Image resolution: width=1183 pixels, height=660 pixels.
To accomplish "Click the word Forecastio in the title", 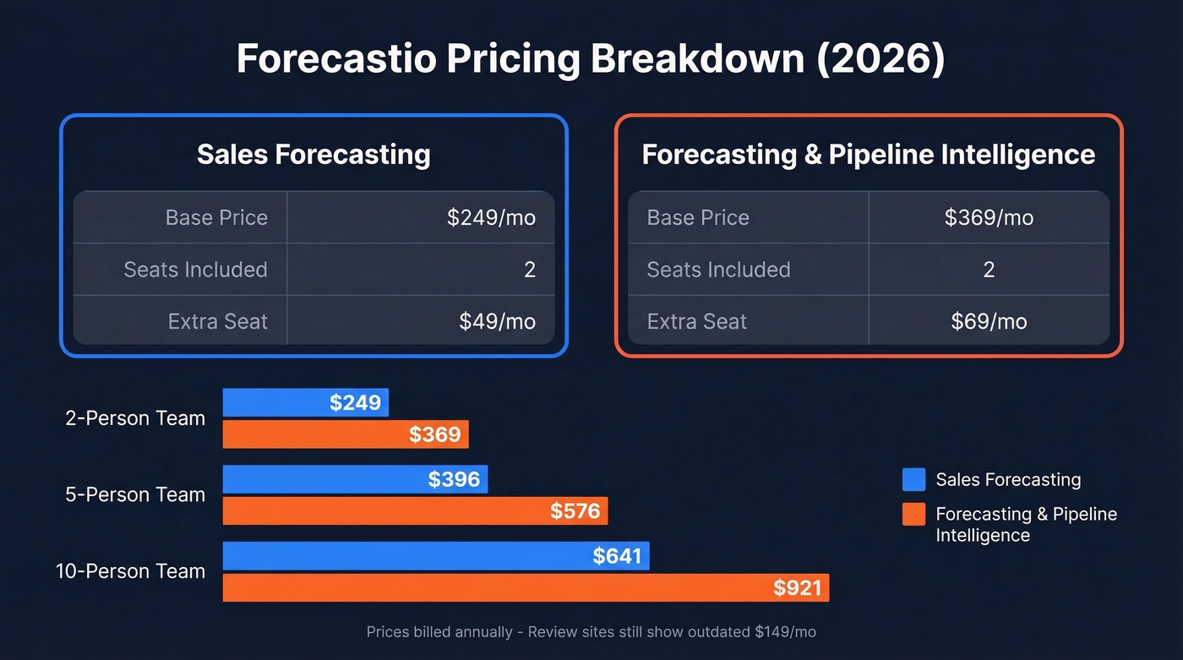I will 336,60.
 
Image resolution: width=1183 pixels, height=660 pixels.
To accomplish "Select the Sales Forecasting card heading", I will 313,155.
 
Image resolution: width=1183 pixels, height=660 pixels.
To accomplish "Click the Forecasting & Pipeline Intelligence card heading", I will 869,155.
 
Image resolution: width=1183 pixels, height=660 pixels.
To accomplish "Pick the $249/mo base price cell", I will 491,217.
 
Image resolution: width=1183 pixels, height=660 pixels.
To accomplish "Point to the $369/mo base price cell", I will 989,217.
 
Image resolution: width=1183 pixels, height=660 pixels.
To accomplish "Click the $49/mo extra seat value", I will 497,321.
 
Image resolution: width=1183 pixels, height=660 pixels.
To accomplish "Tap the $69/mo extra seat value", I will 989,321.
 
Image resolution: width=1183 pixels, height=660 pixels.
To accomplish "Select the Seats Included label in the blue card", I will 195,270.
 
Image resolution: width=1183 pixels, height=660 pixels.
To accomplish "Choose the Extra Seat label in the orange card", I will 696,321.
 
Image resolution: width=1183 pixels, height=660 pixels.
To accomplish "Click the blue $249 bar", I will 305,402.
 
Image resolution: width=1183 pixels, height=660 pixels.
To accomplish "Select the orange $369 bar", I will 345,434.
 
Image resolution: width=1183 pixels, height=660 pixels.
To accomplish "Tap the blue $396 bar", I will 355,479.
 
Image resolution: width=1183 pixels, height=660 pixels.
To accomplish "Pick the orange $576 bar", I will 415,510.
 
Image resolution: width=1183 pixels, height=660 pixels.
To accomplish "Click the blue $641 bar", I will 435,555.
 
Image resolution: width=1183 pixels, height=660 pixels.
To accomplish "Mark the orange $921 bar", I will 526,587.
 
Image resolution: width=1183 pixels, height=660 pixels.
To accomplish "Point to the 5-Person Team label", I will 135,494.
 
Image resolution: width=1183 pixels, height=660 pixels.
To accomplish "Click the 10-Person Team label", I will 130,571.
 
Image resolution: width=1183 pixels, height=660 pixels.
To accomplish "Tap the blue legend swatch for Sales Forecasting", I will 913,480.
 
